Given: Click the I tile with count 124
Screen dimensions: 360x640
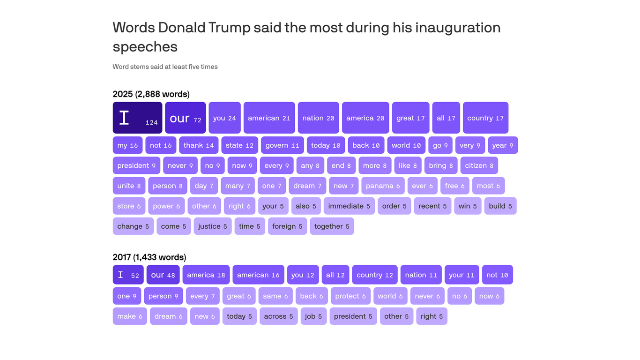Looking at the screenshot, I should tap(137, 118).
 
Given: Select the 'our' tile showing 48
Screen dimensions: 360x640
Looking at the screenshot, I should tap(163, 275).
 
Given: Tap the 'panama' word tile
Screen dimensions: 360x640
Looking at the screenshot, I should tap(383, 186).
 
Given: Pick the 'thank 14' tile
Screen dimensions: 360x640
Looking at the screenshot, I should tap(199, 145).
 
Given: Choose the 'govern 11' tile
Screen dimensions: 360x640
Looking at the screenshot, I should tap(282, 145).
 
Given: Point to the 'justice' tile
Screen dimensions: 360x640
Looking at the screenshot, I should tap(212, 226).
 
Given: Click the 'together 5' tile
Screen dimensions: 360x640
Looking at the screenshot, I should tap(332, 226).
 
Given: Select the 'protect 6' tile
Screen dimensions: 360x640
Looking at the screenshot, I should tap(350, 296).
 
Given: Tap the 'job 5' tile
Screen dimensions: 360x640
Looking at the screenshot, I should tap(313, 316).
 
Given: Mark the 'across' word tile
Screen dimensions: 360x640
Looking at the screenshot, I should tap(278, 316).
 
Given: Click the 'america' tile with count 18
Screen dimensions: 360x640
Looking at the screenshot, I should tap(206, 275).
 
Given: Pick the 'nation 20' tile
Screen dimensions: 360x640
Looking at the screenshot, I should tap(318, 118).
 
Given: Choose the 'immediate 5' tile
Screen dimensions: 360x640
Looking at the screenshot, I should tap(349, 206).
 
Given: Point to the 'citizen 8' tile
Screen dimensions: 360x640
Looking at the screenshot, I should tap(478, 165).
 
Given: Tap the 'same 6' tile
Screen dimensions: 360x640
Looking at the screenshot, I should tap(275, 296).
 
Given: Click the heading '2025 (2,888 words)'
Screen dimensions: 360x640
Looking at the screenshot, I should tap(151, 94).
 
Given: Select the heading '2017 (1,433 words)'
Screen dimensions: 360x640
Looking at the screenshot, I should tap(149, 257).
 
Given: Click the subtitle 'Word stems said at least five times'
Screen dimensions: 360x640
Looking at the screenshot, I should tap(165, 67).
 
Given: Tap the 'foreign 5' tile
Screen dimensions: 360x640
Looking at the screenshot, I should tap(287, 226).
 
